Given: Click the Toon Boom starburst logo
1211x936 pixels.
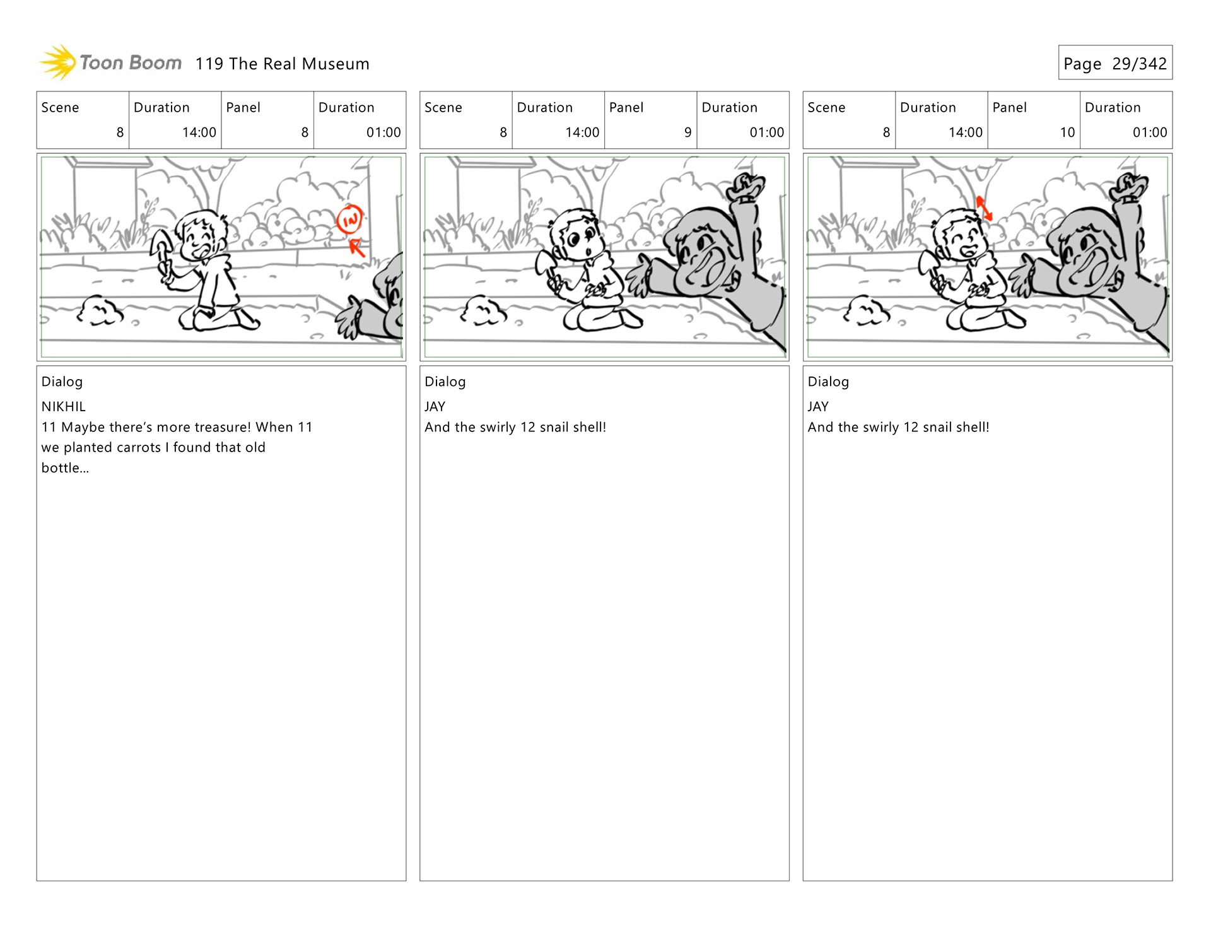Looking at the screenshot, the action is tap(57, 62).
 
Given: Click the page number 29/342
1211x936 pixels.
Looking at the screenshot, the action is tap(1139, 64).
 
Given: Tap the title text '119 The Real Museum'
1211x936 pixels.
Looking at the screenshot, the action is tap(282, 64).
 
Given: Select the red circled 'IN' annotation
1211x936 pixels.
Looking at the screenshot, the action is tap(349, 219).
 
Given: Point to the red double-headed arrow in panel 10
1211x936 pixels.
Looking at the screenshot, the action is tap(984, 208).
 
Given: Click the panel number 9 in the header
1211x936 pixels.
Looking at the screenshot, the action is tap(687, 132).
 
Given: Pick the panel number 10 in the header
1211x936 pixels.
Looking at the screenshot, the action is tap(1067, 132).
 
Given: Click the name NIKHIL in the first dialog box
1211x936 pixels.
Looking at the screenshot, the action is tap(63, 407).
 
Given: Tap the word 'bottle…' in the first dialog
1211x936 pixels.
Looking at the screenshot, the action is tap(65, 468).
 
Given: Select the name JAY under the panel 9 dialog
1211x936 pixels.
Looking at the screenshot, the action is tap(435, 407).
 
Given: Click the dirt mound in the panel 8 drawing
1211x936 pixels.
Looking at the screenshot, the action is tap(100, 310).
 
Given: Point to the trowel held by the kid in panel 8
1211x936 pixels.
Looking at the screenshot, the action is tap(160, 250).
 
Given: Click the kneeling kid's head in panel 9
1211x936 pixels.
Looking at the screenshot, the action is tap(574, 237).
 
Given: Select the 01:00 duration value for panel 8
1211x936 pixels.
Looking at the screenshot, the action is tap(383, 132).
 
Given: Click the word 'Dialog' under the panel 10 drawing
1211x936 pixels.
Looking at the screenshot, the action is tap(828, 382).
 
